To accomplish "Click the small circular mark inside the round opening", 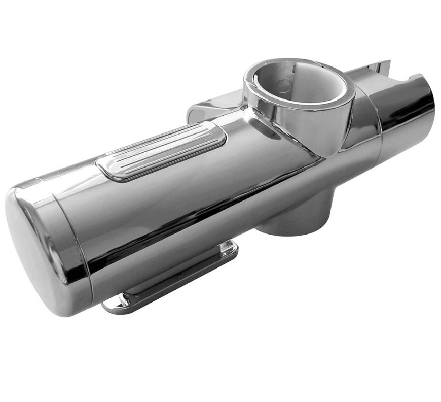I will tap(285, 85).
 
